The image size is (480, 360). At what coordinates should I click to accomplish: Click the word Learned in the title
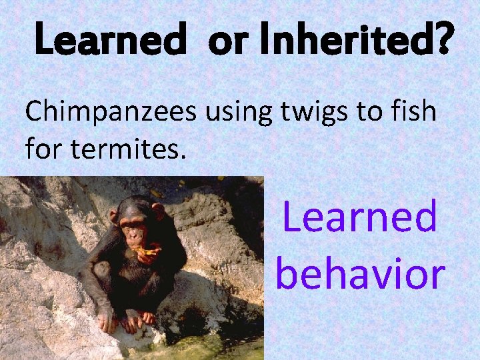click(109, 41)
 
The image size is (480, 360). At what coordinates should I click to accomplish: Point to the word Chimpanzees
click(111, 112)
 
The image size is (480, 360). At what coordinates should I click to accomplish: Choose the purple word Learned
click(360, 217)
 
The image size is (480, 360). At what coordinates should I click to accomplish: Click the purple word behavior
click(360, 273)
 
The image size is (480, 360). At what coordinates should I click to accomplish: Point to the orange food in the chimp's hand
click(148, 252)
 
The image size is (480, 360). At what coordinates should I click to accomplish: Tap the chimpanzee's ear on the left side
click(114, 216)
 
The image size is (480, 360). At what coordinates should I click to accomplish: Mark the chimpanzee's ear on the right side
click(158, 213)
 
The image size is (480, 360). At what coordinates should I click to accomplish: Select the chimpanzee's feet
click(137, 321)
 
